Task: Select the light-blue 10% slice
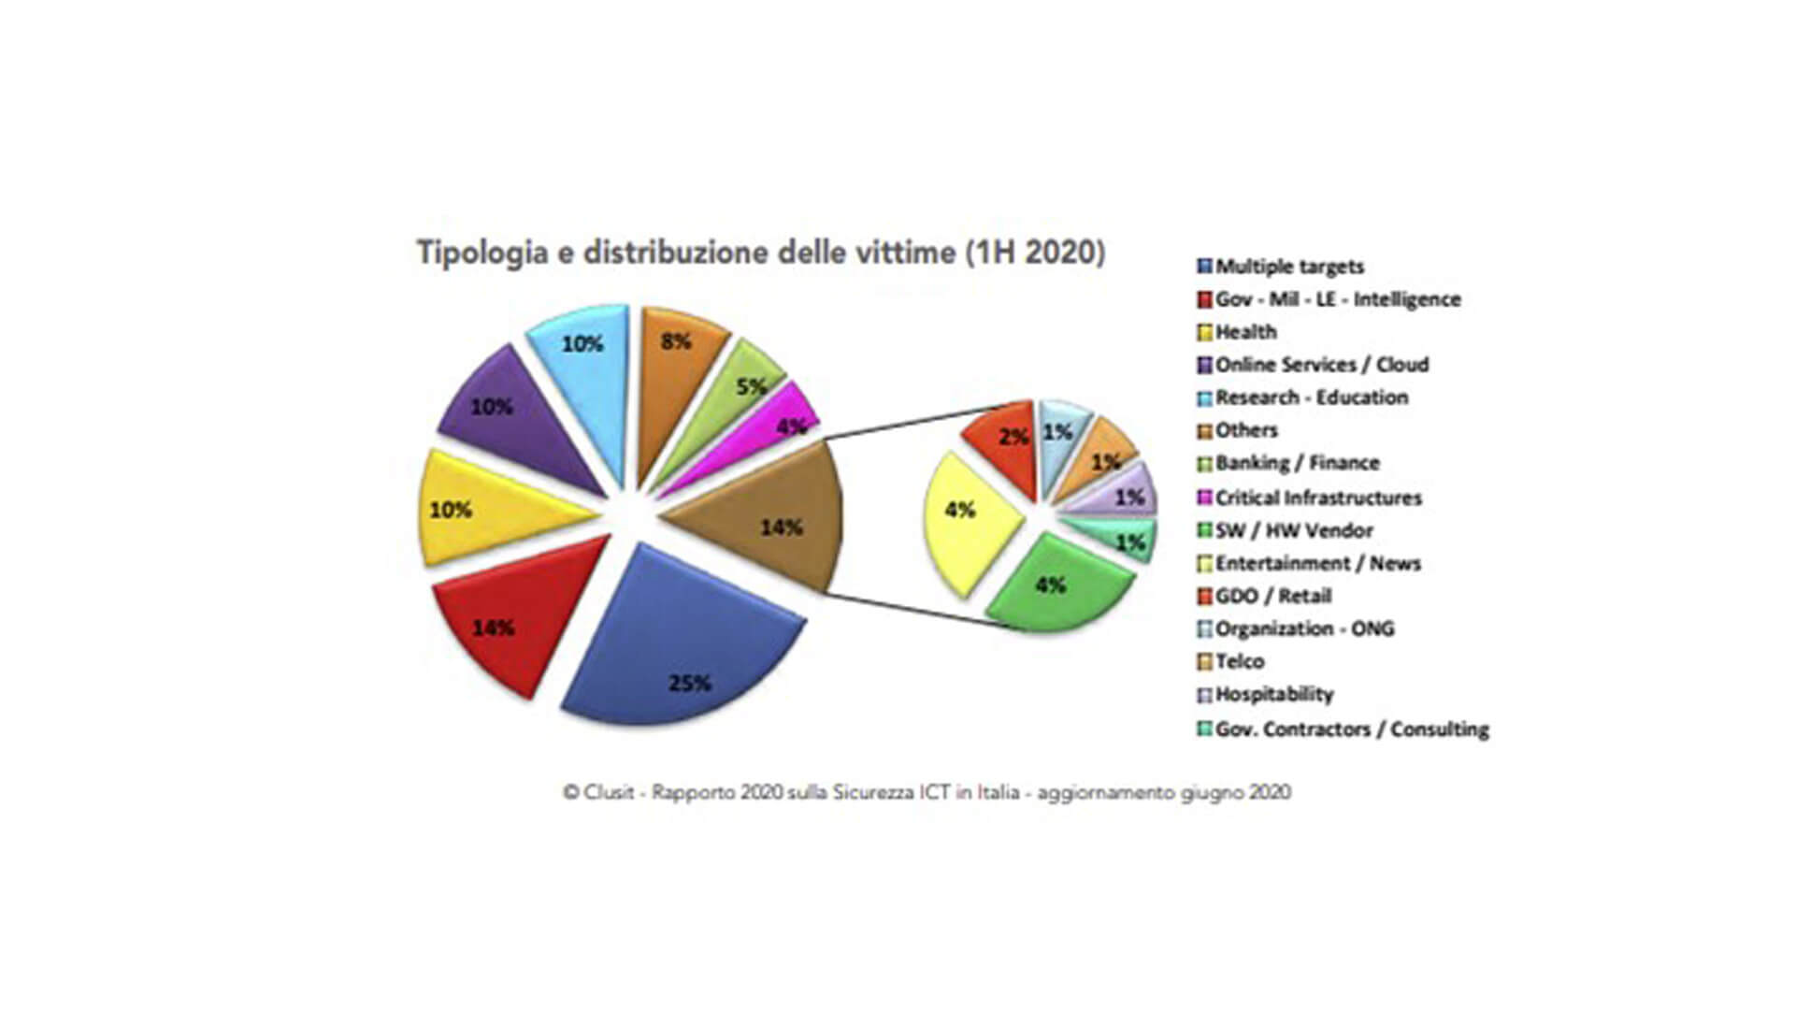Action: coord(584,374)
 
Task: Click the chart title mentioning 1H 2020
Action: coord(760,253)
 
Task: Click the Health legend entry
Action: coord(1244,332)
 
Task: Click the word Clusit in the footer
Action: coord(609,792)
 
